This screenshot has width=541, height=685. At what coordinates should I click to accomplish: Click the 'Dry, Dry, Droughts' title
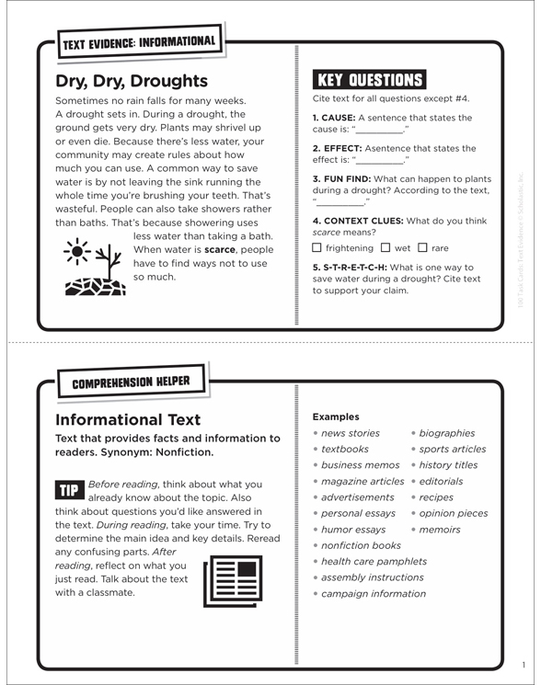(132, 81)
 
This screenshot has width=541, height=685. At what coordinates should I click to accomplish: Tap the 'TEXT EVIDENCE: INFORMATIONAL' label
(139, 41)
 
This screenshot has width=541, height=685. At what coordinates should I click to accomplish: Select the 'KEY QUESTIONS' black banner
(370, 80)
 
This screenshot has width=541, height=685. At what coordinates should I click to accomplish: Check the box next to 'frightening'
(317, 248)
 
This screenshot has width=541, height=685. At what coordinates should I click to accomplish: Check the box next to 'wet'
(386, 248)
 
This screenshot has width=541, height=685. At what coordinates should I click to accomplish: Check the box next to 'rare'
(423, 248)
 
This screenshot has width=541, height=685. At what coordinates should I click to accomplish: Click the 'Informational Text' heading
(128, 420)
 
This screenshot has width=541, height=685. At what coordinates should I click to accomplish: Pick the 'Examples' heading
(336, 416)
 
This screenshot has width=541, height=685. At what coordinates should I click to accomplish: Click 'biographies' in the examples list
(447, 433)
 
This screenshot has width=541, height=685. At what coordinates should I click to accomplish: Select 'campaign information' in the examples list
(374, 594)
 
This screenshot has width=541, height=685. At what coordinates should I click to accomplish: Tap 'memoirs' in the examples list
(440, 530)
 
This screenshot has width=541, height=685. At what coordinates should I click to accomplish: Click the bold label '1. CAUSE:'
(334, 118)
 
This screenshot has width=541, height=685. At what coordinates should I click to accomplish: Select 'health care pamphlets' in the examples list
(374, 562)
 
